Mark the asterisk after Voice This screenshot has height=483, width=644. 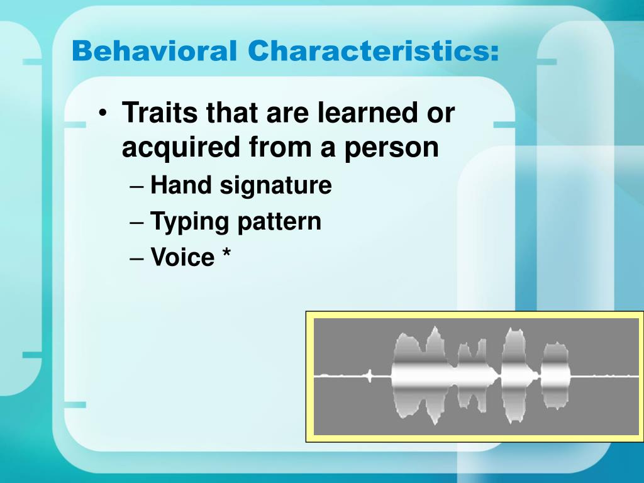[226, 255]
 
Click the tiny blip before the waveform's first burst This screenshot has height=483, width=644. [370, 377]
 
